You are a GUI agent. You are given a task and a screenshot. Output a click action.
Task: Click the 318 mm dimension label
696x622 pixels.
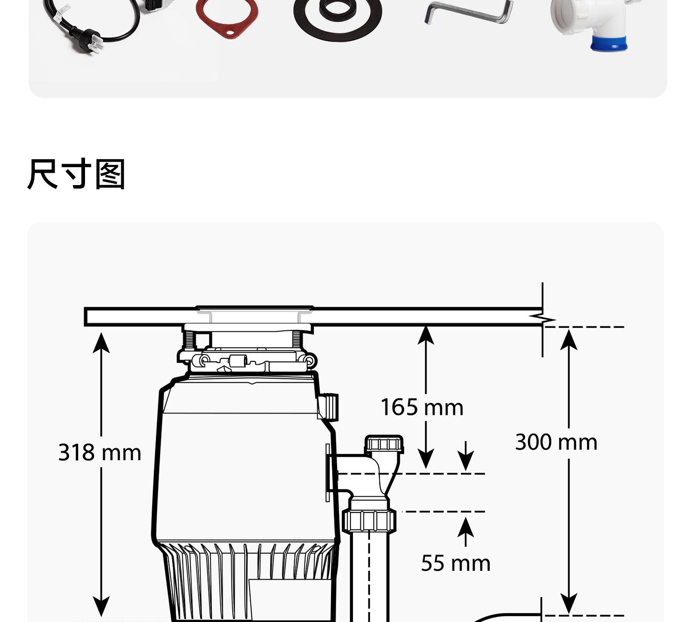[99, 452]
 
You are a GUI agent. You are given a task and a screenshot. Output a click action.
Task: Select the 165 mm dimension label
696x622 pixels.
[422, 407]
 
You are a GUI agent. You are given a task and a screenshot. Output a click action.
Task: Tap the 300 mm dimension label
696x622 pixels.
[556, 442]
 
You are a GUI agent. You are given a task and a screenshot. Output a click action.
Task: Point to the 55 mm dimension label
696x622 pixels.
[455, 563]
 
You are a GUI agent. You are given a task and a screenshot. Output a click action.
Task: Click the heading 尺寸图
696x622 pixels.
[76, 174]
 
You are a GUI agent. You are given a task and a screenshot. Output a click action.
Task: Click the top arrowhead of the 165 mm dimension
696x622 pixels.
[426, 334]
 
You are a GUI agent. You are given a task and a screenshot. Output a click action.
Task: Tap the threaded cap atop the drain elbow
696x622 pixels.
[384, 444]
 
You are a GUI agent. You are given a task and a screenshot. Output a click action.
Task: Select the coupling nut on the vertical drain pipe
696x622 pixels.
[369, 520]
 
